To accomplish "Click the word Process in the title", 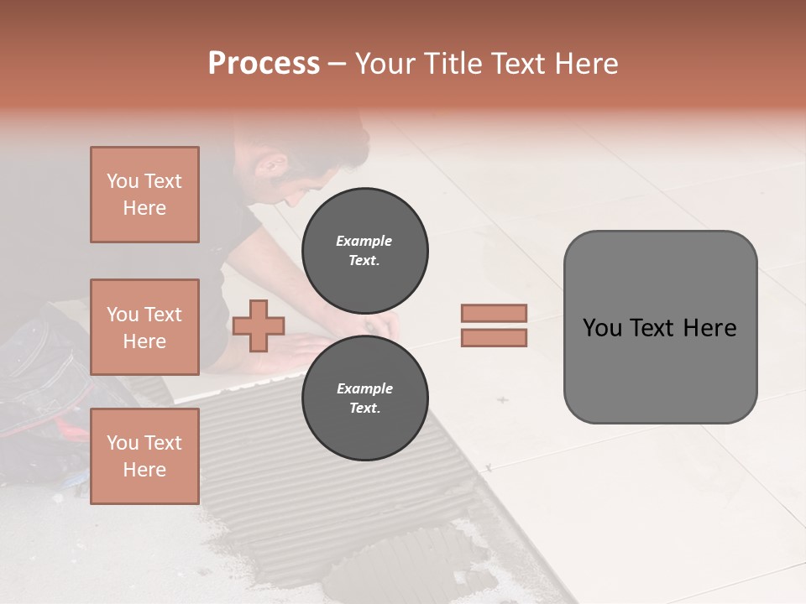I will tap(264, 64).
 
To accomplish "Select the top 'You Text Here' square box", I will tap(144, 195).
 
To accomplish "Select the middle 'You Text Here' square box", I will tap(144, 327).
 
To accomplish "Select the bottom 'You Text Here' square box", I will tap(144, 456).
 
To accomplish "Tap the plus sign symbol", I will tap(259, 325).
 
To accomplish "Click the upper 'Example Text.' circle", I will tap(364, 250).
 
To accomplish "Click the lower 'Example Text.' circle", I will tap(364, 398).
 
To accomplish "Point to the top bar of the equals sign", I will tap(494, 313).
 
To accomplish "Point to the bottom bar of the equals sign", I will tap(494, 338).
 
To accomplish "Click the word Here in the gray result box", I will tap(710, 328).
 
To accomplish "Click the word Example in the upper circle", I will tap(364, 241).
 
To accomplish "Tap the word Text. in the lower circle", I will tap(364, 408).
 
